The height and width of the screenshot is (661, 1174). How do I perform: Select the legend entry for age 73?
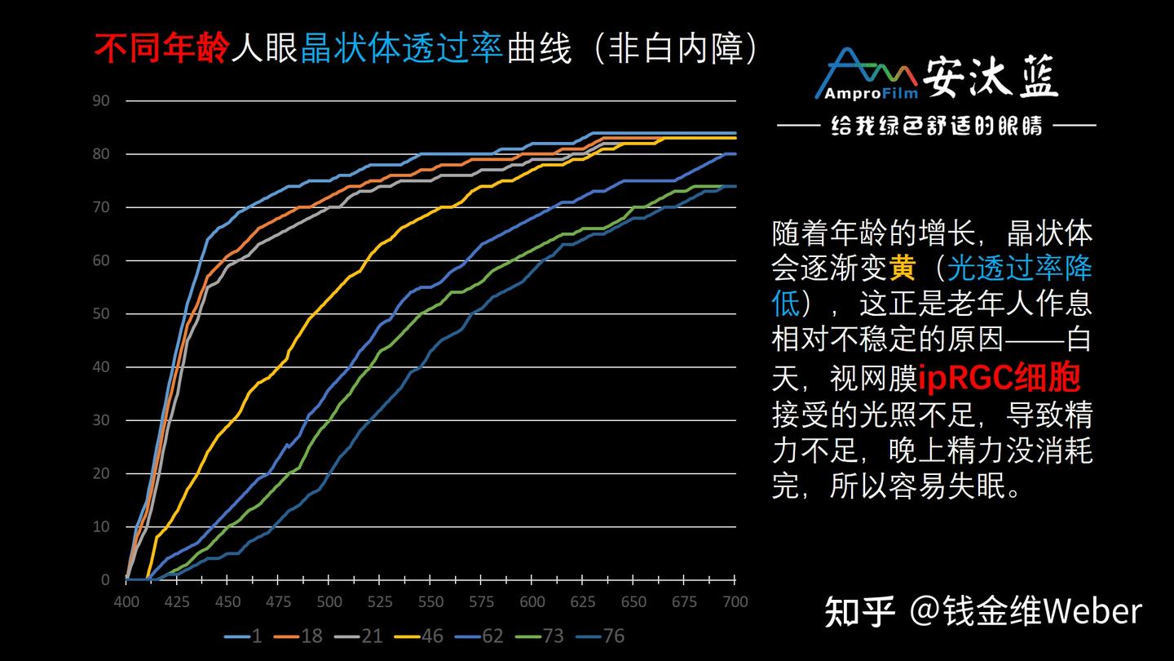click(544, 635)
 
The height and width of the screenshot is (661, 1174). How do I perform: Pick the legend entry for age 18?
click(302, 635)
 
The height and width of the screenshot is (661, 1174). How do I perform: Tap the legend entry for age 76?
click(604, 635)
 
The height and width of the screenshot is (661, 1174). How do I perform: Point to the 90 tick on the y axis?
click(103, 101)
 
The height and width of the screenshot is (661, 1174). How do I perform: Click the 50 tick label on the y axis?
click(103, 314)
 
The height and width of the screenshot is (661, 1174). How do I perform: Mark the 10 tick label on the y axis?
click(103, 527)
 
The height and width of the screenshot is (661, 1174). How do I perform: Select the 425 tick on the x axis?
click(177, 601)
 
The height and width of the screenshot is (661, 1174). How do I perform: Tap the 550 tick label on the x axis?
click(430, 601)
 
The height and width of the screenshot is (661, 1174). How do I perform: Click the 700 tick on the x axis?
click(735, 601)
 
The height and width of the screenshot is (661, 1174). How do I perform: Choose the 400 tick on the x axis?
click(126, 601)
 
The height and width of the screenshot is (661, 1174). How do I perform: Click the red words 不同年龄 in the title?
click(162, 50)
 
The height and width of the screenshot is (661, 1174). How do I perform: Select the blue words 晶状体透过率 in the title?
click(402, 50)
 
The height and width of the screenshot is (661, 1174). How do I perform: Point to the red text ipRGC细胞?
click(1000, 378)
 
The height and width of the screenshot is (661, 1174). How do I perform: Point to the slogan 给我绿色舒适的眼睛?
click(936, 126)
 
